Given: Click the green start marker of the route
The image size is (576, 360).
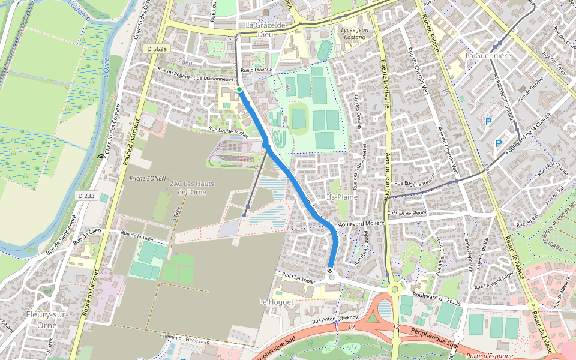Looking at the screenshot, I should pyautogui.click(x=239, y=89).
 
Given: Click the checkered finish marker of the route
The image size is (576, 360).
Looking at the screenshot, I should pyautogui.click(x=331, y=271).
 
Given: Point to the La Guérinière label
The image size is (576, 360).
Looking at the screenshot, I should pyautogui.click(x=488, y=55).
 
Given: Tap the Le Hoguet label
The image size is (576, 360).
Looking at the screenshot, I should pyautogui.click(x=276, y=302).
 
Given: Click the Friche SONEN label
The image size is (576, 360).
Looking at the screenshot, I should pyautogui.click(x=147, y=179).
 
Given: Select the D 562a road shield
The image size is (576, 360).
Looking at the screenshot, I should pyautogui.click(x=156, y=49).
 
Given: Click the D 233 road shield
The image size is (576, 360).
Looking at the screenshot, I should pyautogui.click(x=86, y=196).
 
